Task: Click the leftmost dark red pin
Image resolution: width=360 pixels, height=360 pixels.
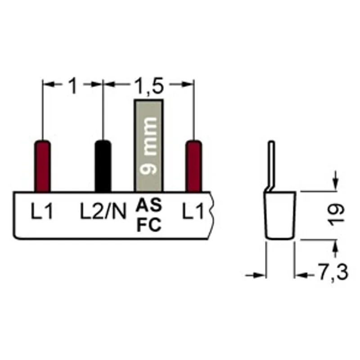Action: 42,166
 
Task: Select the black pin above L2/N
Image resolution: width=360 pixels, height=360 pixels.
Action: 103,166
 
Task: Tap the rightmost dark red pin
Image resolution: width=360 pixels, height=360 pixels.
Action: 194,166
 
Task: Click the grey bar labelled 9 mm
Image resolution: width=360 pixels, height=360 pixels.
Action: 149,145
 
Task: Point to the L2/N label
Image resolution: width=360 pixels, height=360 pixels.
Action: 103,211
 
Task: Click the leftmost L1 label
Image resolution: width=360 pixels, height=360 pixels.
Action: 42,211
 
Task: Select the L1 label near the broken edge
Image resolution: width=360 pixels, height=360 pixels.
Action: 193,211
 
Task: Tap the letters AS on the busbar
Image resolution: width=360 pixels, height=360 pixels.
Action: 149,205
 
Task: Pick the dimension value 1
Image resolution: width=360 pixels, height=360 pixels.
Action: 73,85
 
